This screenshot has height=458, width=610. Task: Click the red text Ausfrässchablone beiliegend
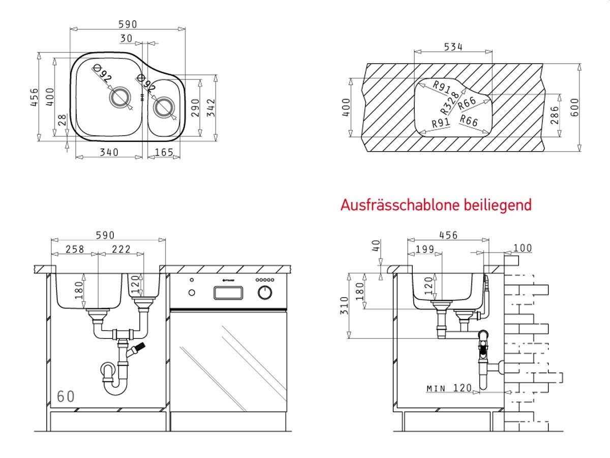(x=436, y=205)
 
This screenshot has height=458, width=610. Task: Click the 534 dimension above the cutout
(x=453, y=47)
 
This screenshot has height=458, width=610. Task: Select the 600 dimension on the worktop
(x=574, y=107)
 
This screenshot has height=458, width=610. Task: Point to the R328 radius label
(x=450, y=102)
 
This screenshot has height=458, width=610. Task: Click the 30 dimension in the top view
(x=127, y=38)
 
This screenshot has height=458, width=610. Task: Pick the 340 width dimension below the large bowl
(x=109, y=152)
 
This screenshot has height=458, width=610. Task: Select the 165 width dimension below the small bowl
(x=164, y=152)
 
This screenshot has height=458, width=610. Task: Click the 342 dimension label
(x=211, y=108)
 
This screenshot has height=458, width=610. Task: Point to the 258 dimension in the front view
(x=74, y=249)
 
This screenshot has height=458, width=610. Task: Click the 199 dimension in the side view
(x=424, y=249)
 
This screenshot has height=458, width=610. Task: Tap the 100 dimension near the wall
(x=522, y=248)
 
